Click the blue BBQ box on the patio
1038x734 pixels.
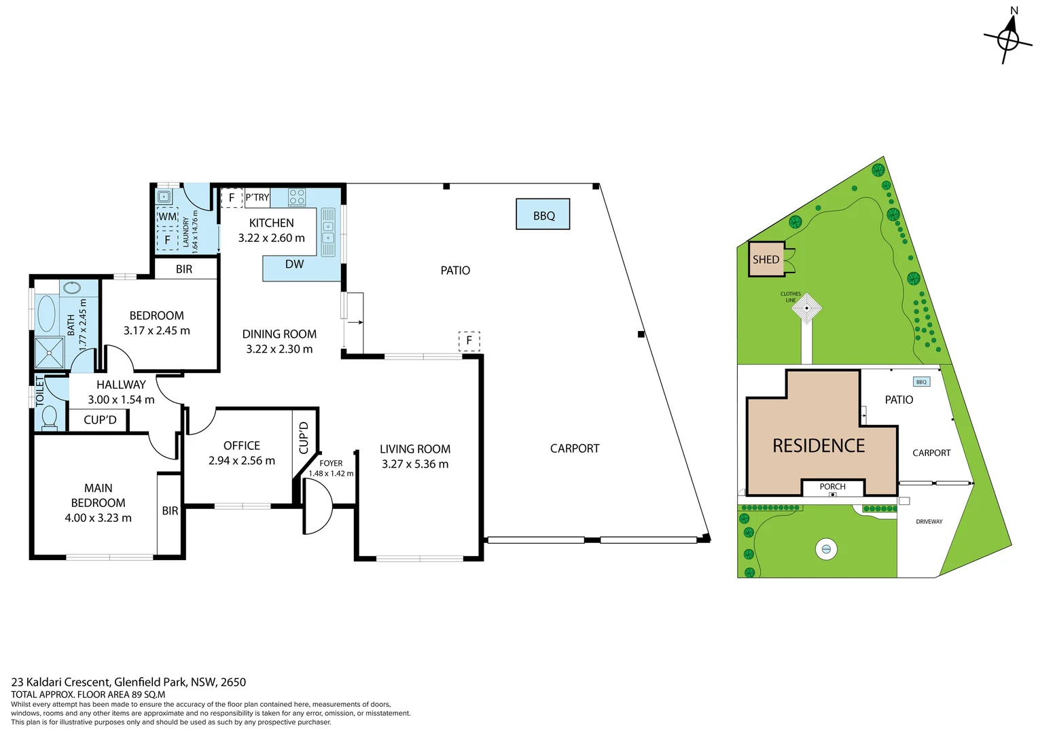coord(543,215)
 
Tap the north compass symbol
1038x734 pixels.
coord(1008,38)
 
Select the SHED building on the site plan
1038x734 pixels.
coord(766,259)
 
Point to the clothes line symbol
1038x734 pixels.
coord(807,308)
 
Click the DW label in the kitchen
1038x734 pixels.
coord(294,264)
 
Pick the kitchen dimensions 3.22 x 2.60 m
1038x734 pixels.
coord(271,238)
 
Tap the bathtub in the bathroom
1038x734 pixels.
coord(46,313)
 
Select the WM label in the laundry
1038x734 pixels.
coord(167,217)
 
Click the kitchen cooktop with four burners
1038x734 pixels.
coord(297,197)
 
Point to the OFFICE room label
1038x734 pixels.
coord(242,445)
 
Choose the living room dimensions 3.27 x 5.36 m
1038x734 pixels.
coord(415,464)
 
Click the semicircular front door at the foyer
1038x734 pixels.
coord(317,506)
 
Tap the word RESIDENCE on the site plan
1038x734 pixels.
coord(819,446)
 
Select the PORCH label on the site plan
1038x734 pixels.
coord(832,487)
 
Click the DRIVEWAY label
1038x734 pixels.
coord(929,521)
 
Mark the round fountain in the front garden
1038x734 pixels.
coord(826,548)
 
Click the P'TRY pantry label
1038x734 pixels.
coord(257,198)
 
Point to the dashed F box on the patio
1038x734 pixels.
coord(469,340)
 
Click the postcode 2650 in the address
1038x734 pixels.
coord(233,682)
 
